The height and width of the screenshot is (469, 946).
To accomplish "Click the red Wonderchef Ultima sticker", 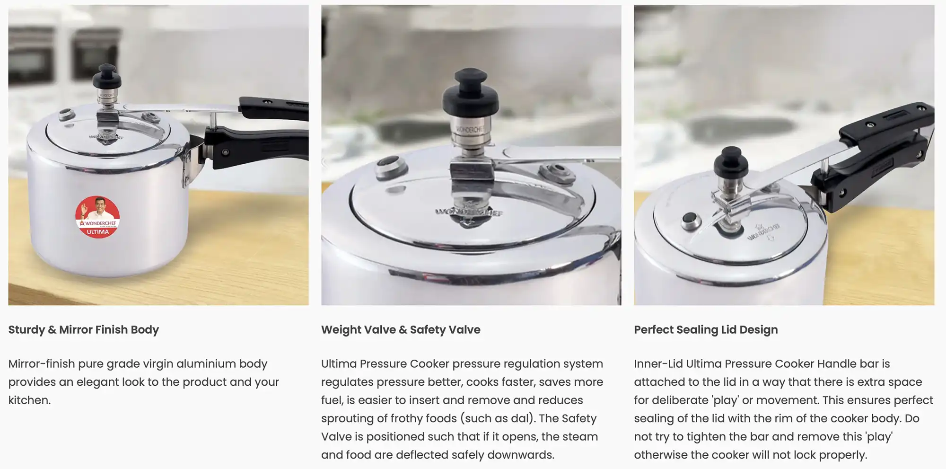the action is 97,217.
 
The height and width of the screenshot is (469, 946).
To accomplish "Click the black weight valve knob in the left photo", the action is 106,76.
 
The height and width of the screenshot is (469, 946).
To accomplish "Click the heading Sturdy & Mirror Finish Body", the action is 84,329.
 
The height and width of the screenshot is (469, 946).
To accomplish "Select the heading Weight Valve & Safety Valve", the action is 401,329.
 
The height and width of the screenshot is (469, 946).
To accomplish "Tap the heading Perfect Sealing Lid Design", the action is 706,330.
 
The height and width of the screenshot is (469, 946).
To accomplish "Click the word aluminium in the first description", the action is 206,363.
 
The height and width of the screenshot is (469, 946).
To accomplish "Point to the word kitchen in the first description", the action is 28,400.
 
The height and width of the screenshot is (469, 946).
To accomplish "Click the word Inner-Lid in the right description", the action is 658,363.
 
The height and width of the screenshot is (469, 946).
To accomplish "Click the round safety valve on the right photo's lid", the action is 691,221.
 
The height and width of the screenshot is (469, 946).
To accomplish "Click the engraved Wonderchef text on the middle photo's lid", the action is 469,212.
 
